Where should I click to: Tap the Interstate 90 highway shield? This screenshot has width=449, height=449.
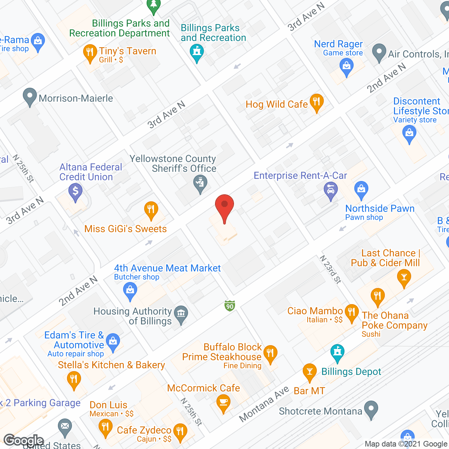pyautogui.click(x=230, y=306)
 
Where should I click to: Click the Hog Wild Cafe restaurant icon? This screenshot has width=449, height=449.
pyautogui.click(x=316, y=102)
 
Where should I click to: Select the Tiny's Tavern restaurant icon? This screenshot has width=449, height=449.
pyautogui.click(x=90, y=53)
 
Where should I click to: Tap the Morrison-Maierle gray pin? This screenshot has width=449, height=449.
pyautogui.click(x=30, y=96)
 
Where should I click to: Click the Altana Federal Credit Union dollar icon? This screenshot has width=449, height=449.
pyautogui.click(x=75, y=192)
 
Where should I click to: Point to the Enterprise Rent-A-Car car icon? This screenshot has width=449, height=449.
pyautogui.click(x=330, y=190)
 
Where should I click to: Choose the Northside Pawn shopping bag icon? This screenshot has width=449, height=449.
pyautogui.click(x=361, y=189)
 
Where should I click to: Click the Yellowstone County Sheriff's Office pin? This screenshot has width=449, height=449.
pyautogui.click(x=200, y=183)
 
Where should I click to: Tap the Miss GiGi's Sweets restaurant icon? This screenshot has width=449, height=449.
pyautogui.click(x=151, y=210)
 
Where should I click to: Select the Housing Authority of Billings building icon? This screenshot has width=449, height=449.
pyautogui.click(x=181, y=314)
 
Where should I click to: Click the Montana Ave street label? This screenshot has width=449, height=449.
pyautogui.click(x=264, y=404)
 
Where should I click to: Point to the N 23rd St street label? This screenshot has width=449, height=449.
pyautogui.click(x=330, y=269)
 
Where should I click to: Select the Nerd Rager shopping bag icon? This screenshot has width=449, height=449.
pyautogui.click(x=347, y=66)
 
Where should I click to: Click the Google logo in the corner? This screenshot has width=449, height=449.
pyautogui.click(x=24, y=441)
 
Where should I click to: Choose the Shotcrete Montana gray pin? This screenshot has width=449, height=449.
pyautogui.click(x=371, y=409)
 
